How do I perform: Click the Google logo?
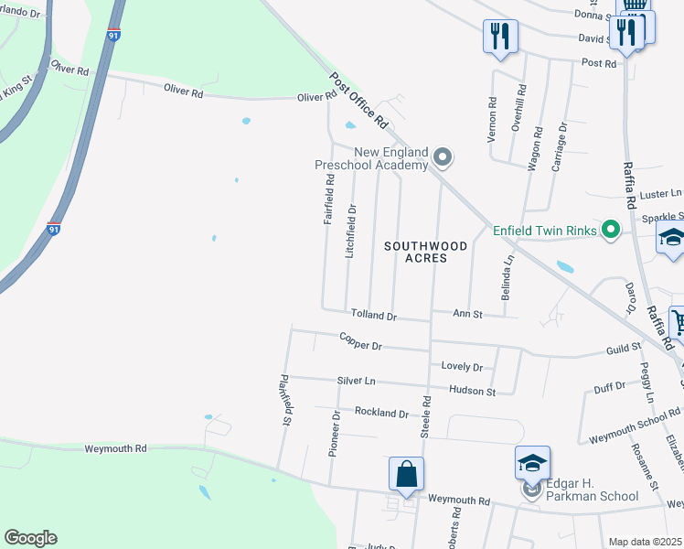pos(30,538)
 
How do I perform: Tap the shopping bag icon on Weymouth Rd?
pos(406,474)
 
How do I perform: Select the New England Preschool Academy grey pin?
pos(443,158)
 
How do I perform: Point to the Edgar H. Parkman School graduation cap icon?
pos(532,464)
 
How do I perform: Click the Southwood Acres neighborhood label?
pos(426,252)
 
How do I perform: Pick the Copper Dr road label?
pos(360,344)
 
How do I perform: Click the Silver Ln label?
pos(356,380)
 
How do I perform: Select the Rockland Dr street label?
pos(381,413)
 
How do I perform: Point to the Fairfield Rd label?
pos(329,199)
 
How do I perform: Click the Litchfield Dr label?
pos(350,230)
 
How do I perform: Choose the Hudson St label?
pos(472,391)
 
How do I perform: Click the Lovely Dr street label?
pos(462,366)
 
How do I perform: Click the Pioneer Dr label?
pos(335,433)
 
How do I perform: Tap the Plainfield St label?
pos(285,401)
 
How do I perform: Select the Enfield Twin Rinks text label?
pos(545,230)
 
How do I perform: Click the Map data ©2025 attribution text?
pos(646,542)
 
